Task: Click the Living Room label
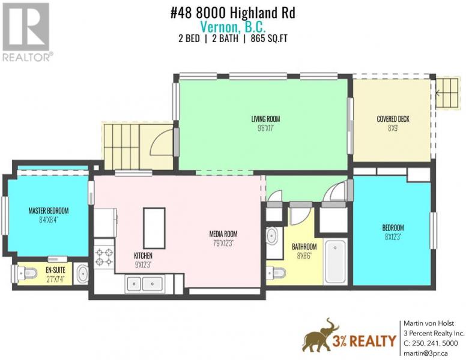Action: point(265,119)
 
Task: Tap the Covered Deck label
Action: point(393,119)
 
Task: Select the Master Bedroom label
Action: point(49,211)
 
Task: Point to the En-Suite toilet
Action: point(25,272)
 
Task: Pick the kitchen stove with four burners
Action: point(104,257)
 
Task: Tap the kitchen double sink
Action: point(145,284)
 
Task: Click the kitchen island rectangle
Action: point(154,228)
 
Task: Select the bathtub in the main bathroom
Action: point(335,262)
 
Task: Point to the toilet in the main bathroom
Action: point(276,273)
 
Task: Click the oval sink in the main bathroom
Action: point(271,236)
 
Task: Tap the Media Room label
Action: point(223,234)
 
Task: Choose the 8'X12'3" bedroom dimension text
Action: point(393,237)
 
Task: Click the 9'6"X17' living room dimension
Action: point(265,128)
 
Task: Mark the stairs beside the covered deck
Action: point(447,93)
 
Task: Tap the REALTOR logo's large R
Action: point(26,26)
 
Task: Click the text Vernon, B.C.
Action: point(233,27)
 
